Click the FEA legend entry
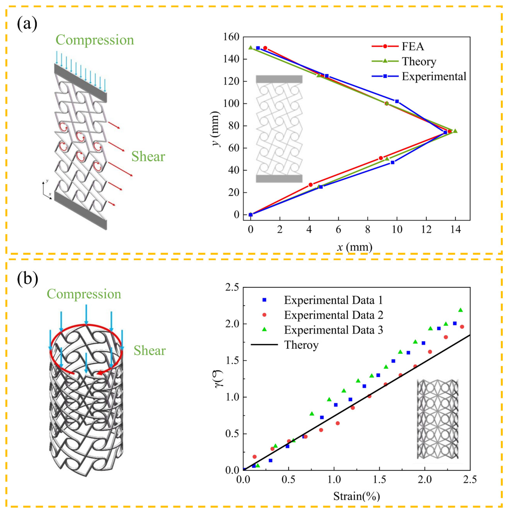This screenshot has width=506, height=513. point(412,47)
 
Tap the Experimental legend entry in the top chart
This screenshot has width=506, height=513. point(433,76)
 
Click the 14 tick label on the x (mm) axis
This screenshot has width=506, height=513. point(456,229)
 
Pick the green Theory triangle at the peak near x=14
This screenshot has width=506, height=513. point(455,131)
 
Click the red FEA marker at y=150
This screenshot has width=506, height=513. point(265,48)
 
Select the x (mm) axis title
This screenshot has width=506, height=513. point(355,247)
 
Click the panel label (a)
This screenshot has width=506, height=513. point(27,23)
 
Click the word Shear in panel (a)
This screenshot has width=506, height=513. point(148,156)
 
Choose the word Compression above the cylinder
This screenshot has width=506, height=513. point(84,294)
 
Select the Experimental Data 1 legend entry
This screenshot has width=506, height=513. point(333,300)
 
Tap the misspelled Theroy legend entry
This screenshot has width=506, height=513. point(301,345)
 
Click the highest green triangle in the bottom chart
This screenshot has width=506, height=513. point(461,310)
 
